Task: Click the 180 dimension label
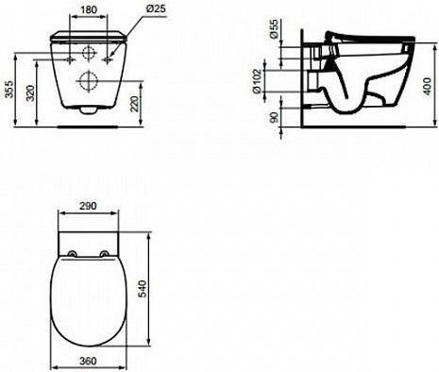point(89,9)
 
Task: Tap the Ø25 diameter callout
point(156,8)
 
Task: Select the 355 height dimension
point(10,90)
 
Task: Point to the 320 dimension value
point(30,93)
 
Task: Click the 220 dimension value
point(134,104)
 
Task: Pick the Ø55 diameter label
point(275,29)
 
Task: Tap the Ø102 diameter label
point(257,81)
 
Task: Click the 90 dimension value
point(275,117)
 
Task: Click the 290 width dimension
point(88,206)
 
